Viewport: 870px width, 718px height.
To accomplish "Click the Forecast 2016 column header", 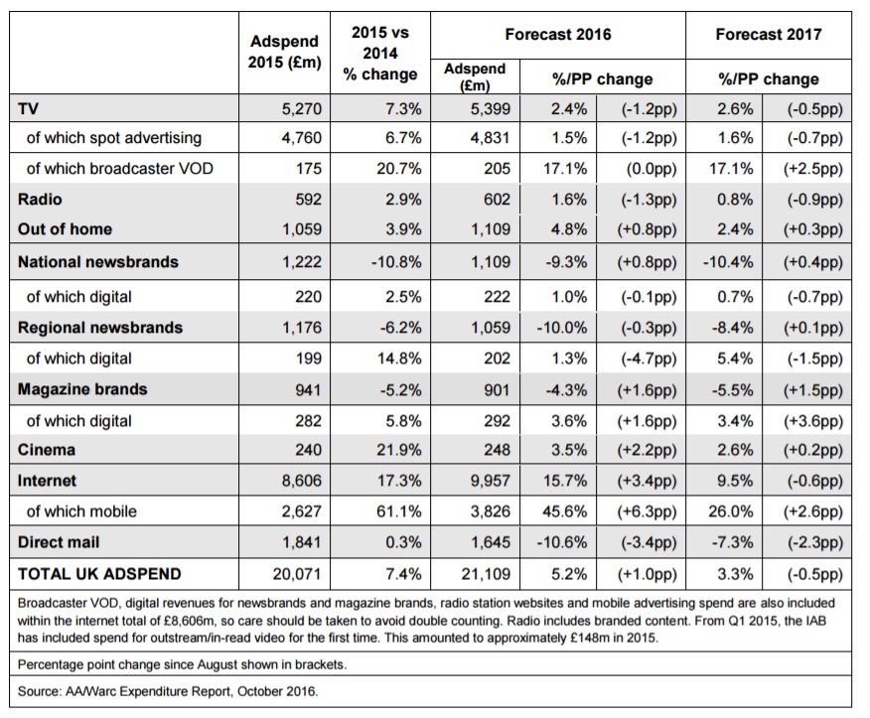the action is (x=557, y=35).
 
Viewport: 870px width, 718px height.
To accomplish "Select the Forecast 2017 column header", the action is (x=769, y=35).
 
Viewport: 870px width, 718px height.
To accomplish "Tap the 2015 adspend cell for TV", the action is (x=301, y=108).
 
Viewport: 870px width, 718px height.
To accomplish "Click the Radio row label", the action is (x=40, y=200).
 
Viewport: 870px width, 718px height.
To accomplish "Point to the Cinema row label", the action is (x=47, y=450).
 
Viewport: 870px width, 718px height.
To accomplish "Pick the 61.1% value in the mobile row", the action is (x=399, y=511).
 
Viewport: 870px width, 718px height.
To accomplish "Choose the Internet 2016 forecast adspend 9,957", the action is (x=490, y=481).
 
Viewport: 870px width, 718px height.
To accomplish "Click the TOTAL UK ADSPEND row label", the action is (x=99, y=574).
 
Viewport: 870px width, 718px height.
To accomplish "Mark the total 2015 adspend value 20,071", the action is (x=297, y=574).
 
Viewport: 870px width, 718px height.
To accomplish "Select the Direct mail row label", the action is (x=59, y=542).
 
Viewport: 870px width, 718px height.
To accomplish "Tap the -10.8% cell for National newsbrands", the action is (x=396, y=262).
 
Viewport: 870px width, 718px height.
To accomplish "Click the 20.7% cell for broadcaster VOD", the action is (x=399, y=168).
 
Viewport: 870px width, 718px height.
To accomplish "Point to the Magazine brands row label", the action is (x=82, y=389).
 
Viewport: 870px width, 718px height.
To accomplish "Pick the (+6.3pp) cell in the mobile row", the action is (x=647, y=511).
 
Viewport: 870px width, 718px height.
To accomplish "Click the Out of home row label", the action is (x=65, y=228).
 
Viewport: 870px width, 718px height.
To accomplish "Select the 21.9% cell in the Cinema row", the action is (x=399, y=450).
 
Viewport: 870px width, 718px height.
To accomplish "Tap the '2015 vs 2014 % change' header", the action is (x=380, y=54).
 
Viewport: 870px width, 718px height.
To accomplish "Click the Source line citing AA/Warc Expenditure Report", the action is (x=168, y=691).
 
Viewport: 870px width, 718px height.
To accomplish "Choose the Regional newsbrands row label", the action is (x=100, y=328).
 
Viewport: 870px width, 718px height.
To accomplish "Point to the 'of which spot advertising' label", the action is (x=114, y=138).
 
